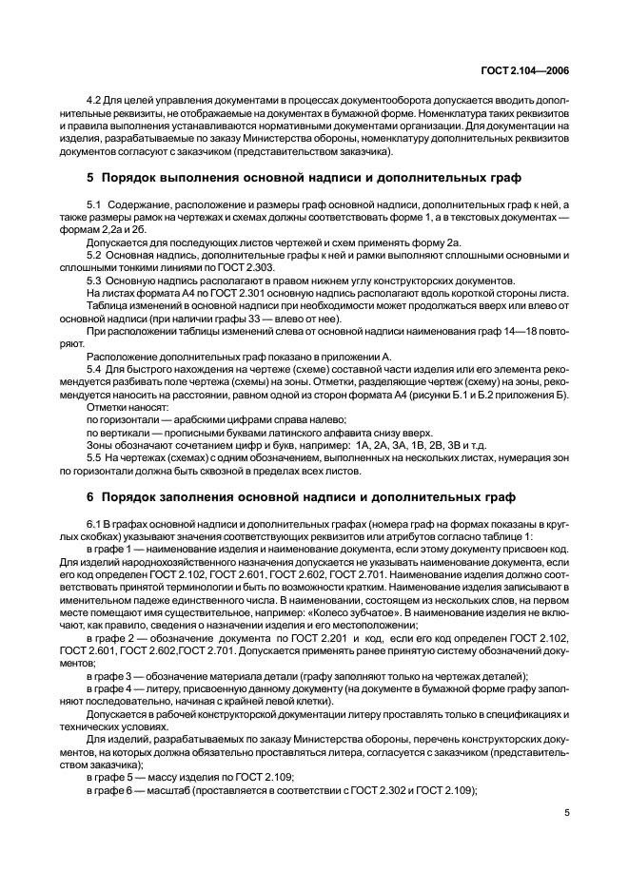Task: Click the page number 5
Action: tap(567, 813)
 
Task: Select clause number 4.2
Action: tap(94, 100)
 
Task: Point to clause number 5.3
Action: tap(94, 281)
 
